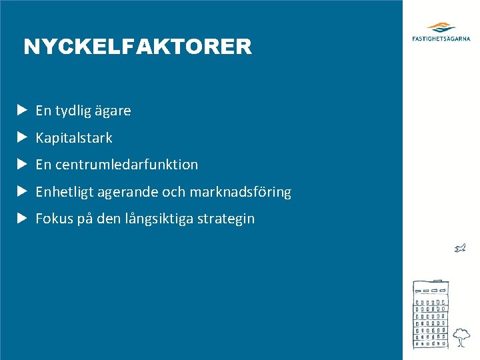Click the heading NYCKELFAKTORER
tap(137, 47)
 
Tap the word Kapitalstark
tap(74, 138)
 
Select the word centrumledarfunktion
tap(127, 165)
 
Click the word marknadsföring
tap(241, 192)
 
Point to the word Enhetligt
tap(65, 192)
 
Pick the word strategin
tap(226, 219)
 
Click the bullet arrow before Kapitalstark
tap(22, 137)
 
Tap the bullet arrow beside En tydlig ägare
tap(22, 110)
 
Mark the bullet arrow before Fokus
tap(22, 218)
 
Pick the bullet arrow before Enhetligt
tap(22, 191)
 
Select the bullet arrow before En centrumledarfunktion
tap(22, 164)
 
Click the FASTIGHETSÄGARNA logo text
tap(441, 39)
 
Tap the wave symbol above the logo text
tap(441, 27)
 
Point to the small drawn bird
tap(459, 249)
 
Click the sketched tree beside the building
tap(460, 336)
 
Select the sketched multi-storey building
tap(431, 314)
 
